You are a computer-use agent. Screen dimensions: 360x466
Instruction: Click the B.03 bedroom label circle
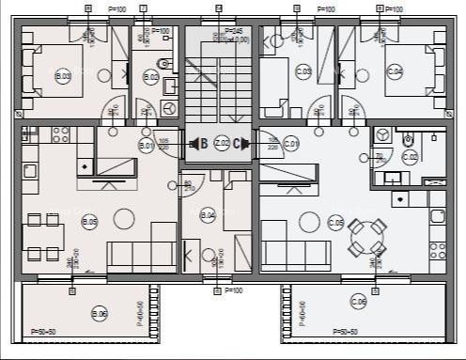63,76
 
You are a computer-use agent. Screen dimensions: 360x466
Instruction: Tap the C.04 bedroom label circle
395,71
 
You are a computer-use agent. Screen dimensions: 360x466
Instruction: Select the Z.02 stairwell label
222,144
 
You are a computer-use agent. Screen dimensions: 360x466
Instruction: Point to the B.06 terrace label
99,313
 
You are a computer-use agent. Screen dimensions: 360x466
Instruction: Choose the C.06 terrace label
358,302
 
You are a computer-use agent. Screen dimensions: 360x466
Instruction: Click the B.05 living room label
90,222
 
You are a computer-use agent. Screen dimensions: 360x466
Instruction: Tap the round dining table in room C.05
366,238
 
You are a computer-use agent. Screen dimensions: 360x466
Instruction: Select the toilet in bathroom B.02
163,67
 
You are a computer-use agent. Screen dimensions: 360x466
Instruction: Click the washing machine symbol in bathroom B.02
169,108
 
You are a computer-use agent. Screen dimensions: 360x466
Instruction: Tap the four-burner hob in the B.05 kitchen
61,134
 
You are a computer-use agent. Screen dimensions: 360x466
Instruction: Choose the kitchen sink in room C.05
438,215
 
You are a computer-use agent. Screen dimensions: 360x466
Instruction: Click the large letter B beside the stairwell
203,144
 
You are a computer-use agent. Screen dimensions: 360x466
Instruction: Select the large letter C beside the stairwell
239,144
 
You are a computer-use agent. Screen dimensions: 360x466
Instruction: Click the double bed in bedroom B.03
45,70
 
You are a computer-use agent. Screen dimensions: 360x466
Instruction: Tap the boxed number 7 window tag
142,8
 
